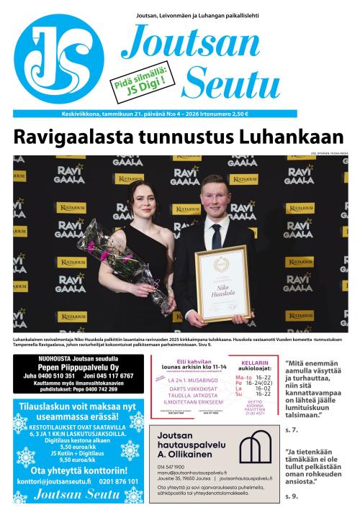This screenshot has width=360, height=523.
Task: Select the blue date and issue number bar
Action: click(155, 114)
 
